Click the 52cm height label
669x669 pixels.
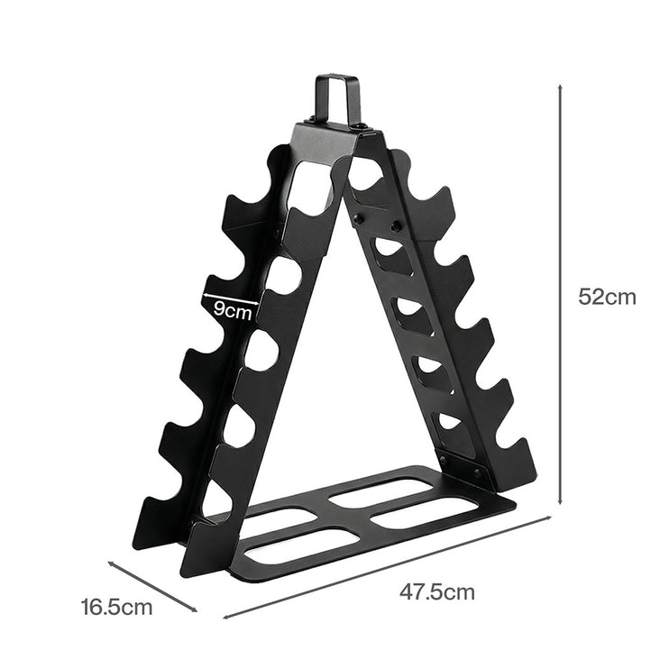(607, 297)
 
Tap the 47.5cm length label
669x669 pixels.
(436, 592)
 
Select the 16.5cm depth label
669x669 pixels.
(115, 607)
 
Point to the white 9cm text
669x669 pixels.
(232, 311)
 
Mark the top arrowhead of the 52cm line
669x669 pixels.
(561, 88)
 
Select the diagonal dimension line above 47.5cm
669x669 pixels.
(388, 567)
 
